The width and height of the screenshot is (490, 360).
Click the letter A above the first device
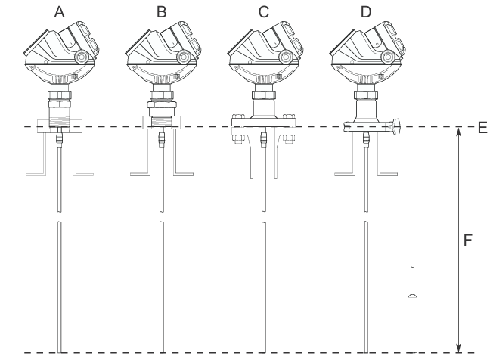tap(60, 12)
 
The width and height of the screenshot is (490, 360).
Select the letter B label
tap(162, 12)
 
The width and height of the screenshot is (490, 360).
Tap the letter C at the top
tap(264, 12)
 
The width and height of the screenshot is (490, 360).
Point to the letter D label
tap(366, 12)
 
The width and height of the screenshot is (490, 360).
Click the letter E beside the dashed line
tap(482, 128)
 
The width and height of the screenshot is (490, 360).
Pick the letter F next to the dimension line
tap(467, 241)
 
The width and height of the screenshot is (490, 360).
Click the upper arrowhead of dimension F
tap(458, 132)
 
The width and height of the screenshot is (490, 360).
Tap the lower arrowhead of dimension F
tap(458, 348)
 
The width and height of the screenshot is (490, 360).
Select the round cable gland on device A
tap(82, 57)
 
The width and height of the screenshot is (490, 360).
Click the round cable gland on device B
tap(184, 57)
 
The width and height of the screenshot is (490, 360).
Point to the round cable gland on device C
tap(286, 57)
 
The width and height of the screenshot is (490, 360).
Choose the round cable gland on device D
tap(388, 57)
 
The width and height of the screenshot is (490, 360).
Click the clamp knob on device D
tap(396, 127)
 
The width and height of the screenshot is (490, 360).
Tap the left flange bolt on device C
tap(237, 139)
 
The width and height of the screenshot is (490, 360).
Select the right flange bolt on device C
tap(289, 139)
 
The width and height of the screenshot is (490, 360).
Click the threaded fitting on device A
tap(60, 117)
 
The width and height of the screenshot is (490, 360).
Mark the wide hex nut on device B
tap(162, 104)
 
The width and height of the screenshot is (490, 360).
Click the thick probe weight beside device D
tap(413, 324)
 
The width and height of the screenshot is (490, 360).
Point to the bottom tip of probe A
tap(60, 352)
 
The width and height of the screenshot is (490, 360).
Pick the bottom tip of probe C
tap(264, 352)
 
